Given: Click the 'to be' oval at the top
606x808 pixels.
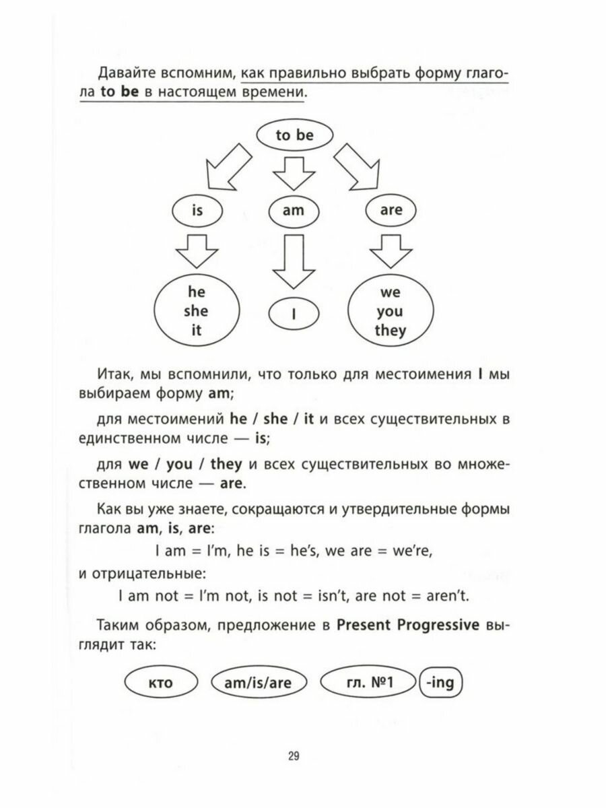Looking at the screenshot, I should pos(294,135).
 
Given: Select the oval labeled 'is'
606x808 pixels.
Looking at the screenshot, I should pos(197,210).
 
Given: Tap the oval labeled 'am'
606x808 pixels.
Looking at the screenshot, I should pos(294,210).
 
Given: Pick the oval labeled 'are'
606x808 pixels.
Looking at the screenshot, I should pos(391,210).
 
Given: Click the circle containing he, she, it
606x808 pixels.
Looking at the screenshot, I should pos(197,312).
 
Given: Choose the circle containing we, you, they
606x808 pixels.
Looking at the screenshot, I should pos(390,312).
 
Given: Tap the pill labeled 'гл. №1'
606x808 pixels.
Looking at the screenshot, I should pos(366,683).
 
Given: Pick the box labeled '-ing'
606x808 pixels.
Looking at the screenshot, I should pos(442,683).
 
